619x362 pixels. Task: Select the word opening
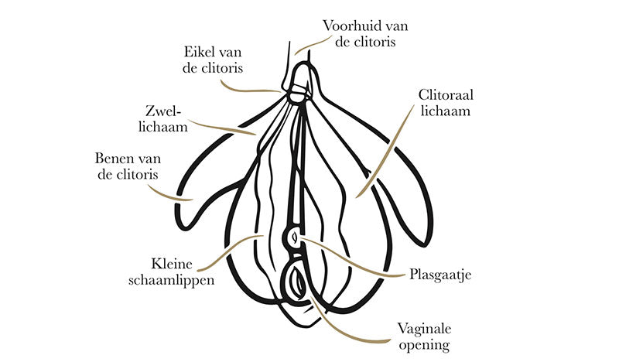[422, 344]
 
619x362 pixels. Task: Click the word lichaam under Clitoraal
[445, 111]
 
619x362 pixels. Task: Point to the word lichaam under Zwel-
[165, 125]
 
